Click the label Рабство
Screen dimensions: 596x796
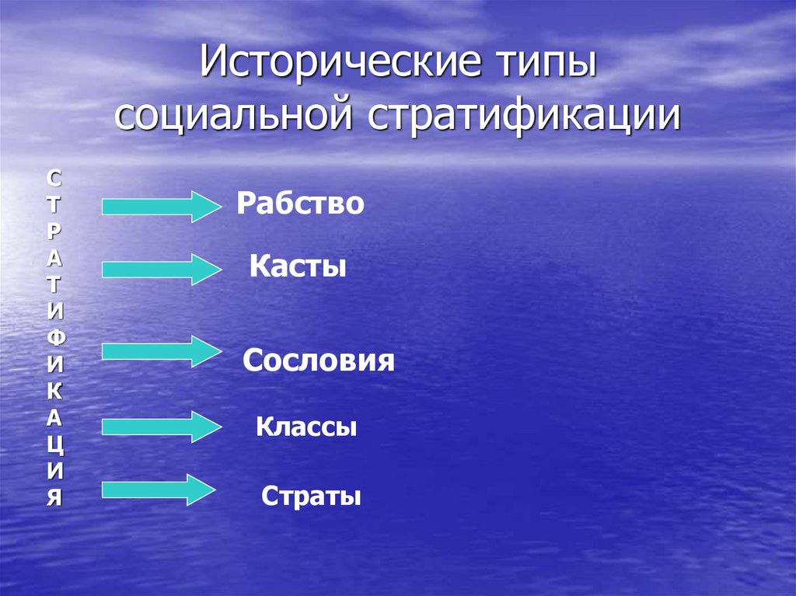[x=301, y=204]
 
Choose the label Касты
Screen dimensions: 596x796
[x=298, y=267]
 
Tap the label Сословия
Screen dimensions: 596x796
[x=319, y=361]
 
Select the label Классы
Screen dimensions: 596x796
[x=306, y=427]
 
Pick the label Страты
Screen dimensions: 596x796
[x=312, y=496]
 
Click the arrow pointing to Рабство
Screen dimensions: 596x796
[x=162, y=206]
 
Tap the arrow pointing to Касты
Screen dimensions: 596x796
[x=162, y=269]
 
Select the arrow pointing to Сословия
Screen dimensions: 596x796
[x=162, y=352]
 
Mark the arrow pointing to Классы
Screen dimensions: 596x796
[x=162, y=427]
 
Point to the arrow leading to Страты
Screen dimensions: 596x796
[x=158, y=490]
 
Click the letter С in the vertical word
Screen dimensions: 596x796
[x=53, y=179]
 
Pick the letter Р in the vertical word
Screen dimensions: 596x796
[x=53, y=232]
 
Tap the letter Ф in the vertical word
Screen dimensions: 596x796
[x=53, y=337]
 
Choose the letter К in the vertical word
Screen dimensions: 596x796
[x=53, y=391]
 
